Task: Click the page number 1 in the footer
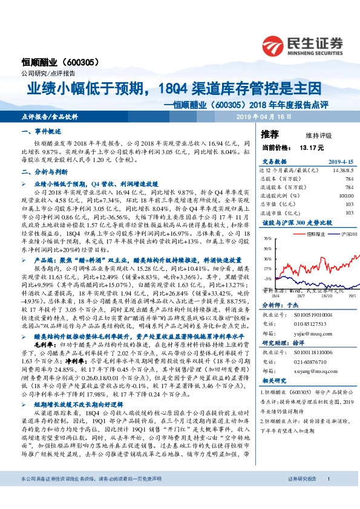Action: pos(327,496)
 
